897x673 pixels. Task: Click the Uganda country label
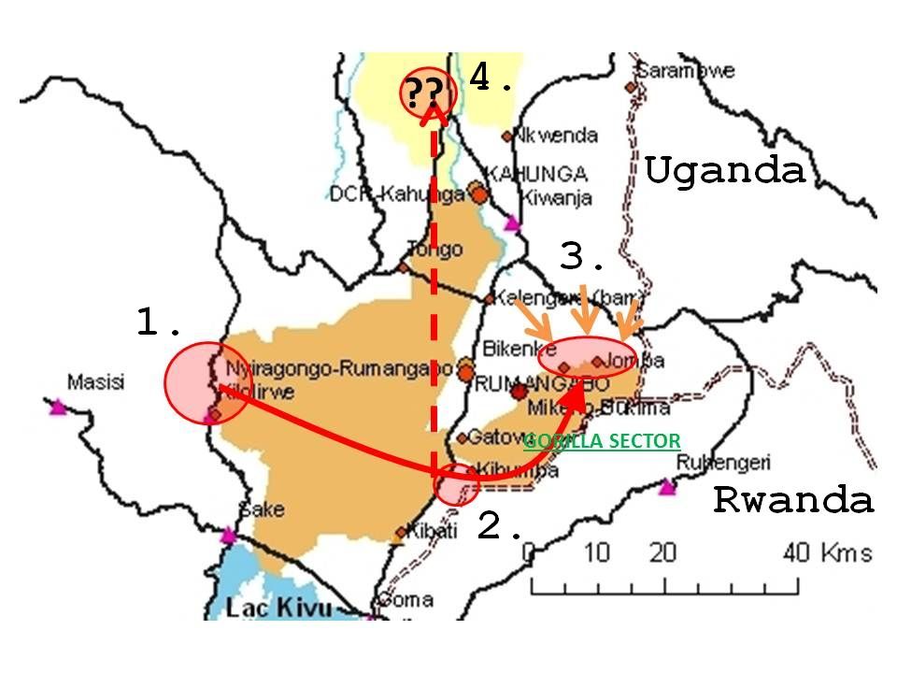[x=724, y=171]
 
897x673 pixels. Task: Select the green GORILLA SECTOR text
[x=602, y=441]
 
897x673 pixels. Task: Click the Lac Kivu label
[x=278, y=609]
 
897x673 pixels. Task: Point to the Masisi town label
[x=95, y=381]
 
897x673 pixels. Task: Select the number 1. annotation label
[x=159, y=323]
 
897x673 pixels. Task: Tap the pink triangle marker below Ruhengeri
[x=666, y=487]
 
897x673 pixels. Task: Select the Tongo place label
[x=434, y=250]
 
